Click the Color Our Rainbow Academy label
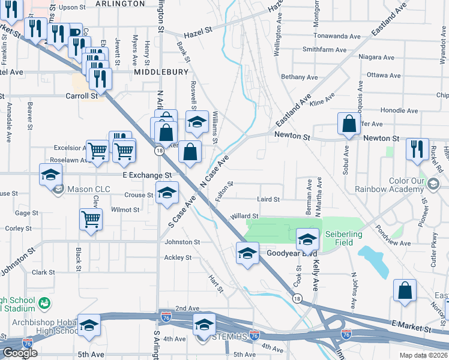pos(415,185)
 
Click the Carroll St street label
pos(81,95)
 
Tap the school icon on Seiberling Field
pos(307,238)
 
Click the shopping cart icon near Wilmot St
pos(91,218)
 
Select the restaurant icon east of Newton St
pos(417,148)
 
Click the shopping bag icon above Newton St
pos(348,124)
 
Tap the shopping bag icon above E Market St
pos(405,290)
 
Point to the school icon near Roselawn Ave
pos(51,175)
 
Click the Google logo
pos(20,353)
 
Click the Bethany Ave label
pos(300,77)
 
